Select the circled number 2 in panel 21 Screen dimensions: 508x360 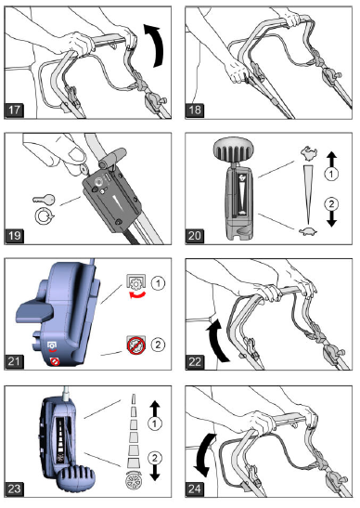(x=159, y=345)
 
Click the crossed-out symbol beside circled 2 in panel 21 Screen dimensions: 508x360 (x=133, y=345)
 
